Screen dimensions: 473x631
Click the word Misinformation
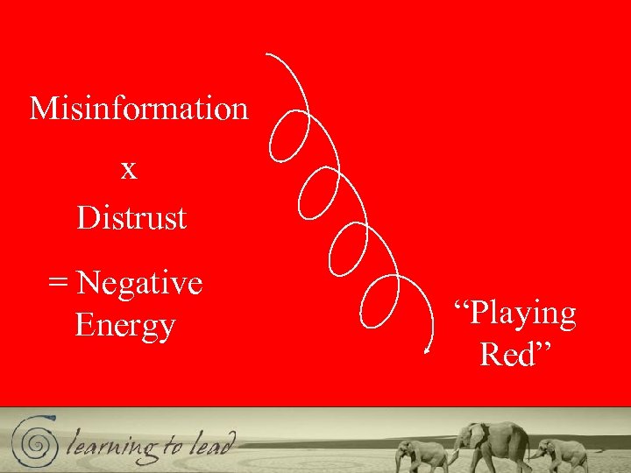pyautogui.click(x=139, y=109)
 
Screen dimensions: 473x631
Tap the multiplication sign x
pyautogui.click(x=129, y=169)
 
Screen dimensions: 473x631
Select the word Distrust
pyautogui.click(x=131, y=217)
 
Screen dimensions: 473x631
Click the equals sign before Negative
pyautogui.click(x=58, y=284)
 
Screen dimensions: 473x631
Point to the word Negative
pyautogui.click(x=139, y=284)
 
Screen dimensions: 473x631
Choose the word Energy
pyautogui.click(x=125, y=326)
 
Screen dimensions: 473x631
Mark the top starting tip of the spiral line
pyautogui.click(x=267, y=55)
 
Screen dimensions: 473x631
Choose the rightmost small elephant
pyautogui.click(x=560, y=452)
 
